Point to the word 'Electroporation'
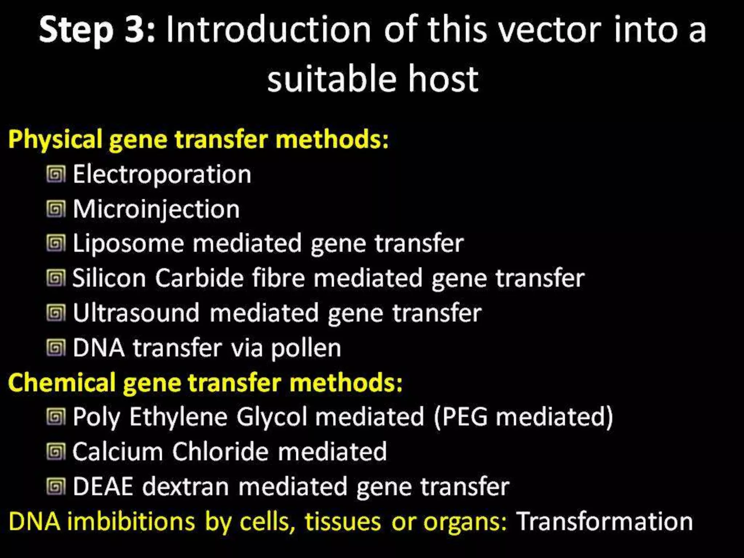tap(162, 174)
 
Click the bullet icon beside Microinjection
tap(56, 209)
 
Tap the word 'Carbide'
tap(199, 278)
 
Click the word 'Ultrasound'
tap(136, 313)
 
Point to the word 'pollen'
tap(306, 348)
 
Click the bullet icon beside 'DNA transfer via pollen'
tap(56, 348)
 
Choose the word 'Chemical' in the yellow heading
tap(62, 383)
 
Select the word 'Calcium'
tap(118, 452)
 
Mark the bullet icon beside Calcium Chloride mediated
tap(56, 452)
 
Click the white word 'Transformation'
tap(604, 522)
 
